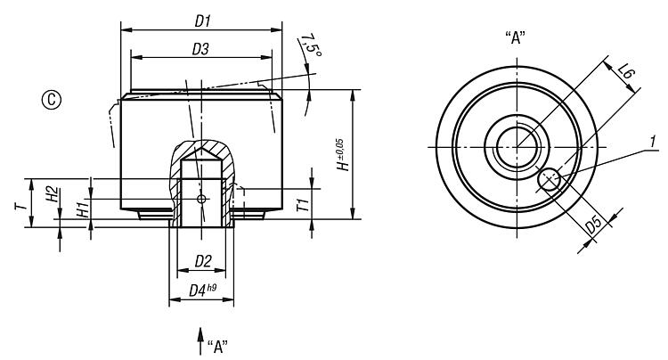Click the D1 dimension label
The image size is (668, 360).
click(x=201, y=19)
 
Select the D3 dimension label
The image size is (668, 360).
click(x=201, y=51)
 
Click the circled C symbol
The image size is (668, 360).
click(x=52, y=100)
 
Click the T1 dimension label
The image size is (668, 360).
click(x=304, y=205)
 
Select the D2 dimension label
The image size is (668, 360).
click(x=202, y=261)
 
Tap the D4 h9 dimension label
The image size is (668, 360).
click(x=203, y=290)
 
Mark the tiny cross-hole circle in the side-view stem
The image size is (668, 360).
click(x=201, y=198)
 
